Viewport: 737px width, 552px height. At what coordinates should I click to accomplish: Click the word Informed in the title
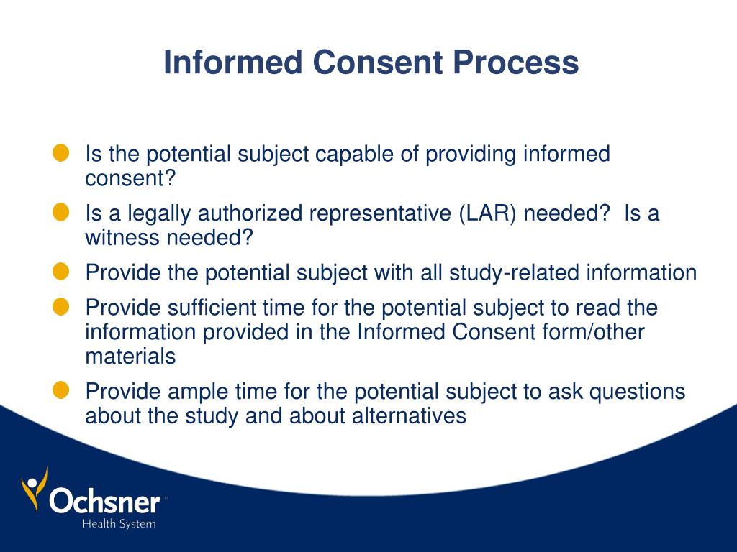coord(232,63)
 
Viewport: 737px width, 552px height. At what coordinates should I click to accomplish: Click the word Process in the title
coord(515,63)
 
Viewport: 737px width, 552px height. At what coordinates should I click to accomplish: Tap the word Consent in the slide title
coord(378,63)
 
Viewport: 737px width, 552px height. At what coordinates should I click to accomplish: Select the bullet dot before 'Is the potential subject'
coord(61,152)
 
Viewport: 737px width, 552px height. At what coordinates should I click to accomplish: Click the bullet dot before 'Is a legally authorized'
coord(61,212)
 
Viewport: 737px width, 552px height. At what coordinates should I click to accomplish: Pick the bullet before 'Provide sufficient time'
coord(61,307)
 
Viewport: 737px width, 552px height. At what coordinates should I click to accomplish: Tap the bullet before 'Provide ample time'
coord(61,390)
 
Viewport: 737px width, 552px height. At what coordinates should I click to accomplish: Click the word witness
coord(122,238)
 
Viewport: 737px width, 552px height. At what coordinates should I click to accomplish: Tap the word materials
coord(130,356)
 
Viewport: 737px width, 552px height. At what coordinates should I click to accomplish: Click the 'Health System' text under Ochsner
coord(119,524)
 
